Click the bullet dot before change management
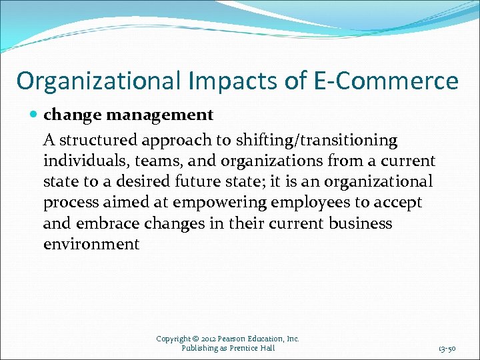(35, 115)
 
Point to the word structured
(99, 140)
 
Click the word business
(361, 223)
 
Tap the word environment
(91, 244)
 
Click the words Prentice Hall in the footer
(252, 348)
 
